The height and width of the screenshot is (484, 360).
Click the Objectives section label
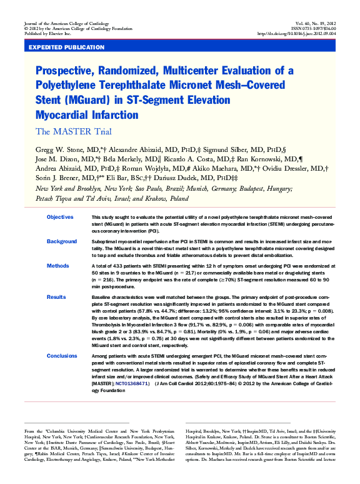point(60,217)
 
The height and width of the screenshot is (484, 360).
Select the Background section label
point(62,241)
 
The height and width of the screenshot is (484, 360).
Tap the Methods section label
point(58,266)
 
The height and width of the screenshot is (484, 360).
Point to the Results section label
point(56,297)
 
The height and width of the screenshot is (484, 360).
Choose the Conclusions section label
point(62,356)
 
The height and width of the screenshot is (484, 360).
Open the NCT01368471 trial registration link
point(132,383)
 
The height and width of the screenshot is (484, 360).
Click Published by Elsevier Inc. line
point(47,34)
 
